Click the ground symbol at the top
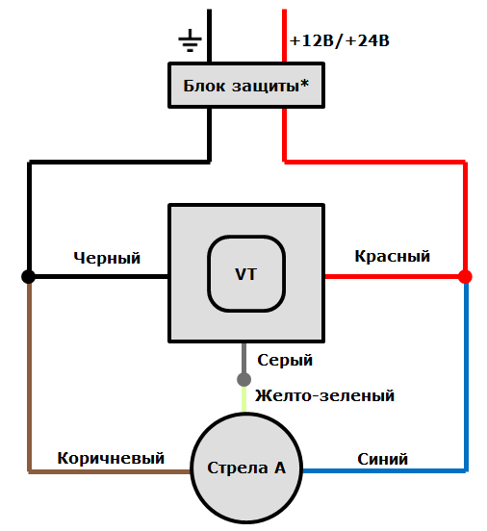click(190, 40)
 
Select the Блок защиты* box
click(245, 86)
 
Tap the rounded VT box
click(245, 273)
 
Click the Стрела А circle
click(245, 468)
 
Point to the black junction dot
click(29, 277)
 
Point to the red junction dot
click(465, 277)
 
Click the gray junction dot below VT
click(244, 379)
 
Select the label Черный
click(107, 258)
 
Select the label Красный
click(392, 256)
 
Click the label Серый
click(285, 360)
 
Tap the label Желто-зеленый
click(324, 395)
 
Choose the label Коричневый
click(110, 458)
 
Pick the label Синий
click(382, 459)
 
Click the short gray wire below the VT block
click(244, 357)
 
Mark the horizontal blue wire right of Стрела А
click(385, 471)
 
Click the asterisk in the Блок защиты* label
click(305, 84)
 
